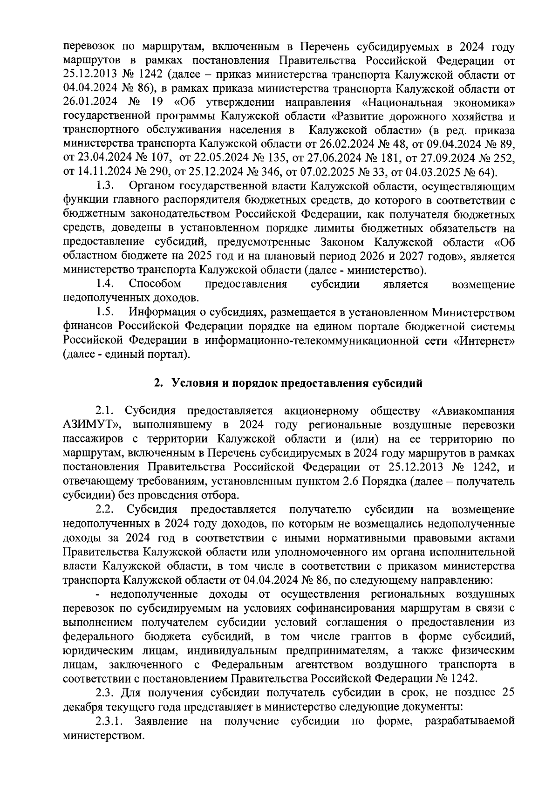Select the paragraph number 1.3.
click(106, 187)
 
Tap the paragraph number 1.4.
click(106, 284)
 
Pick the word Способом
click(155, 284)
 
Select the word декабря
click(83, 707)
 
